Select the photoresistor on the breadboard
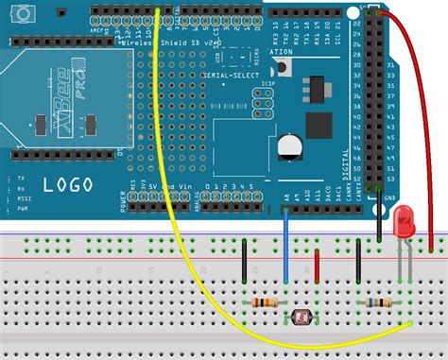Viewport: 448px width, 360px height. [x=304, y=320]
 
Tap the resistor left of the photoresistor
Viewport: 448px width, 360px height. [x=266, y=302]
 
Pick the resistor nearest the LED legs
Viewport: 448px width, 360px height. [x=378, y=303]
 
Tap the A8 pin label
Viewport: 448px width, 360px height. [x=285, y=197]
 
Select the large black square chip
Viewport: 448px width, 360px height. [x=319, y=126]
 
